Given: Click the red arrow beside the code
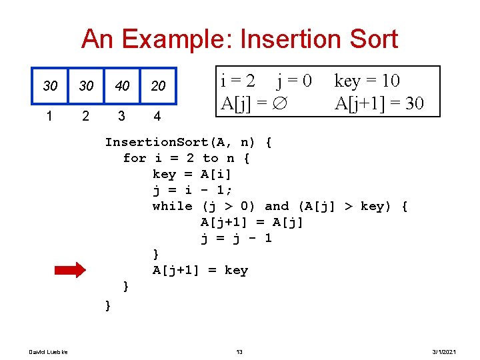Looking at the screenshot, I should click(x=69, y=270).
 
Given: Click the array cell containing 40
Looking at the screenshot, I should click(x=122, y=86).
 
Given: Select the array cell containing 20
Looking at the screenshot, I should click(x=158, y=86).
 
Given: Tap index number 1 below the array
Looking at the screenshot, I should click(x=49, y=116).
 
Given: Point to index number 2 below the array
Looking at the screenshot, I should click(x=85, y=116).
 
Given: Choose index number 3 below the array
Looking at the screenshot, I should click(x=121, y=116).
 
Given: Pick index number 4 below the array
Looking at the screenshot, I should click(x=157, y=117).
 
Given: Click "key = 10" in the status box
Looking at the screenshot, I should click(x=367, y=81).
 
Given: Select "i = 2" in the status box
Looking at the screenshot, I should click(x=237, y=81).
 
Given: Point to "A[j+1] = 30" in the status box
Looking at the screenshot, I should click(x=379, y=104).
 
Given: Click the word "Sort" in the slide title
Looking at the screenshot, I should click(x=368, y=39).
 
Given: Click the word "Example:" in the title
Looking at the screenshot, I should click(x=176, y=39).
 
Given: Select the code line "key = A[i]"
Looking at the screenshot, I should click(x=192, y=174).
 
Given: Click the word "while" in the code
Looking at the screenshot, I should click(x=172, y=206).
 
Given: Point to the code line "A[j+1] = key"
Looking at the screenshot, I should click(x=200, y=270).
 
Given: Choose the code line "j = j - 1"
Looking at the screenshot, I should click(x=236, y=238).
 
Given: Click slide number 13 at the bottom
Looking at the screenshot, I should click(x=239, y=351).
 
